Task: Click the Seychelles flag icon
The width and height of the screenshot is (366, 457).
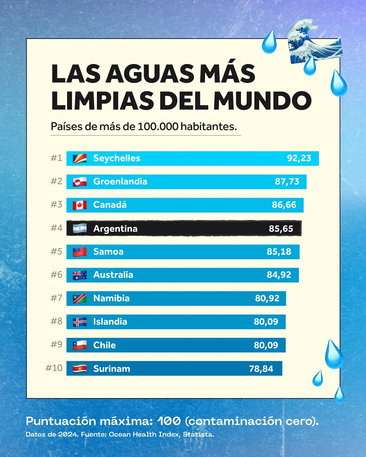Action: pyautogui.click(x=80, y=158)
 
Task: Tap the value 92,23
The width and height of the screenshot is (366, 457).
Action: pyautogui.click(x=299, y=158)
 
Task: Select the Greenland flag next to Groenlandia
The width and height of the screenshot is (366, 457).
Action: pyautogui.click(x=80, y=182)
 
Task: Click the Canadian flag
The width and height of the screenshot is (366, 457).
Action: pyautogui.click(x=80, y=205)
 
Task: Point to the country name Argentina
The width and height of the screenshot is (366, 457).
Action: pyautogui.click(x=115, y=229)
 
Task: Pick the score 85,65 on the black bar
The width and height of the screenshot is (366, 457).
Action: pyautogui.click(x=281, y=229)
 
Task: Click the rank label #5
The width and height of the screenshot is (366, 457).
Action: pyautogui.click(x=56, y=252)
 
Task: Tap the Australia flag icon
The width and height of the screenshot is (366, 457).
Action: pyautogui.click(x=80, y=275)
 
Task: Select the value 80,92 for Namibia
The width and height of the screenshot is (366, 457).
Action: pyautogui.click(x=267, y=299)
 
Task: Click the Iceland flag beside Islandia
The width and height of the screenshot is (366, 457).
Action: pyautogui.click(x=80, y=322)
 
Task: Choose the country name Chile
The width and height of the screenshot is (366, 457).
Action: pyautogui.click(x=104, y=345)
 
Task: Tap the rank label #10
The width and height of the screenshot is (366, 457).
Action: pyautogui.click(x=54, y=368)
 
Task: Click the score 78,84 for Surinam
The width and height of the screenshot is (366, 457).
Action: pyautogui.click(x=261, y=369)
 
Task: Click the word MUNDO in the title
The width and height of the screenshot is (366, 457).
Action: pyautogui.click(x=262, y=101)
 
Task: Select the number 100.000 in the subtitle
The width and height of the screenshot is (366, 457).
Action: pyautogui.click(x=158, y=127)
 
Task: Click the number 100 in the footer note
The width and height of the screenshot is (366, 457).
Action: pyautogui.click(x=169, y=421)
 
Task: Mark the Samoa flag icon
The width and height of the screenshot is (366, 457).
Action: pyautogui.click(x=80, y=252)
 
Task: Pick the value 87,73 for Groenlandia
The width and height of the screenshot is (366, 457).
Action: pyautogui.click(x=287, y=182)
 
